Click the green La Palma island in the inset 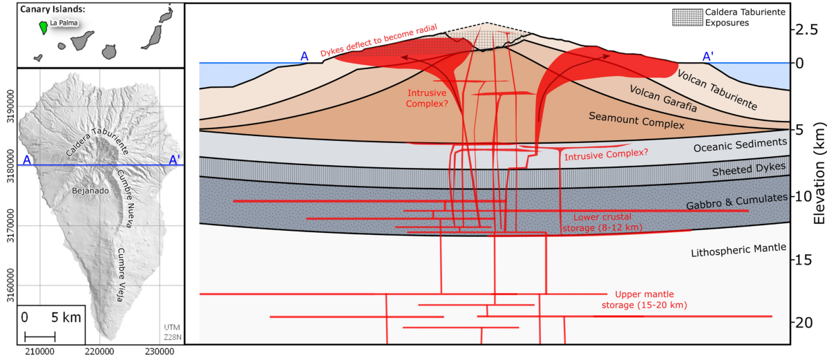[44, 27]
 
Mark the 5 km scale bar [40, 337]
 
